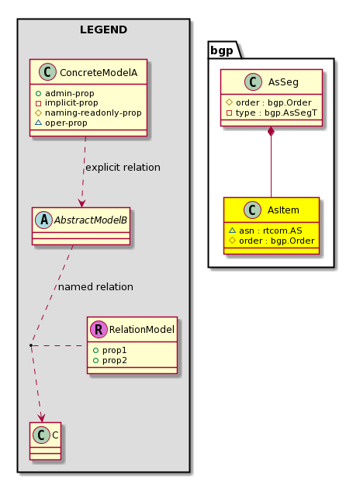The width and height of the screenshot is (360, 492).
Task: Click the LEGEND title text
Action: click(103, 29)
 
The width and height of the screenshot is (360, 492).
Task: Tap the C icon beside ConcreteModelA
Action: click(47, 72)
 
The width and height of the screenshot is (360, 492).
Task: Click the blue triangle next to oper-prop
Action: click(38, 123)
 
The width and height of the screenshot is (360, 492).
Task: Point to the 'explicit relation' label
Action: click(123, 168)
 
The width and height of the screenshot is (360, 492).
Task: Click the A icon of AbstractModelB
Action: click(44, 220)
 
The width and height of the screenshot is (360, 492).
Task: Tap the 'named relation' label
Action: click(95, 287)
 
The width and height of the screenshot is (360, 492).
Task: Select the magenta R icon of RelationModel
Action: click(99, 329)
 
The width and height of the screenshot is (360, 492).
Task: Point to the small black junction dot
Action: click(31, 345)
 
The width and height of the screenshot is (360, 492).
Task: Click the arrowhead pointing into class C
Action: click(41, 418)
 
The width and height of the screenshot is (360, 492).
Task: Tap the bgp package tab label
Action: click(222, 50)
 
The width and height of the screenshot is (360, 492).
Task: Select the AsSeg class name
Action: click(283, 82)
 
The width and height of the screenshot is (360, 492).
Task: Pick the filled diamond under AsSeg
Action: click(272, 132)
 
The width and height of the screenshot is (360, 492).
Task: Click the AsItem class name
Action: click(283, 210)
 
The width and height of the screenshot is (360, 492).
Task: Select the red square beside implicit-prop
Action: click(38, 103)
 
